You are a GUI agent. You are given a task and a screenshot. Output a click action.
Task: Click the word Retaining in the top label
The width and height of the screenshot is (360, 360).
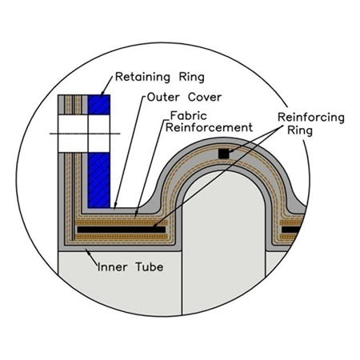click(x=142, y=78)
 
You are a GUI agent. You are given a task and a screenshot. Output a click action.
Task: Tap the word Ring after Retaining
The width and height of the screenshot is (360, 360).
click(x=191, y=78)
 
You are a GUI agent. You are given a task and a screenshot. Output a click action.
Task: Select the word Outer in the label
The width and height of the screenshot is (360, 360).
click(x=163, y=97)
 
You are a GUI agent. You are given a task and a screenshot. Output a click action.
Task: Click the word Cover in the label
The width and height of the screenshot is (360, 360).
click(x=205, y=97)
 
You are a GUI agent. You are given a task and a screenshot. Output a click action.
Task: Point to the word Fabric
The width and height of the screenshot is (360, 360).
click(x=189, y=116)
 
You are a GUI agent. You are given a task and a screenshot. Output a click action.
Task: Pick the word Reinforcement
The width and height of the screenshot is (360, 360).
click(x=209, y=127)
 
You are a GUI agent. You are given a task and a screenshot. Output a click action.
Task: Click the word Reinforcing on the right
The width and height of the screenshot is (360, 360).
click(x=311, y=118)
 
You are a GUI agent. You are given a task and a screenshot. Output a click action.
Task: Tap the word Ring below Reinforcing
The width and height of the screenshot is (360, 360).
click(x=300, y=130)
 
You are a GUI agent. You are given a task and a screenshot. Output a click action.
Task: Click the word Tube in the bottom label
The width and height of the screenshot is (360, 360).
click(x=150, y=267)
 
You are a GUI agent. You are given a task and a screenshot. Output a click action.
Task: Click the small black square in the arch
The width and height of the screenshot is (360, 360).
click(x=223, y=154)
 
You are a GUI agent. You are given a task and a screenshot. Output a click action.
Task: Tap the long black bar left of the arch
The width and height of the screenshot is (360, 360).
click(x=122, y=230)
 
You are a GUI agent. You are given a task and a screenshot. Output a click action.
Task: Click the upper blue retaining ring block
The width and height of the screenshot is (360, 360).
click(x=99, y=105)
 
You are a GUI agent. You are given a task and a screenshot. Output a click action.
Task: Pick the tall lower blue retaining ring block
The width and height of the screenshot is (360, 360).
click(x=99, y=180)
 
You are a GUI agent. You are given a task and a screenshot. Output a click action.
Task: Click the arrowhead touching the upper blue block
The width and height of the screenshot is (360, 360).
click(x=102, y=92)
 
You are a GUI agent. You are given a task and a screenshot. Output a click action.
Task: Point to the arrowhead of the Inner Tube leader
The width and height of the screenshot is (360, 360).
click(x=87, y=250)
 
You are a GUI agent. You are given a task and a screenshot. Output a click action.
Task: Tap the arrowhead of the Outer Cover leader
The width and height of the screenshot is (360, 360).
click(x=115, y=205)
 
